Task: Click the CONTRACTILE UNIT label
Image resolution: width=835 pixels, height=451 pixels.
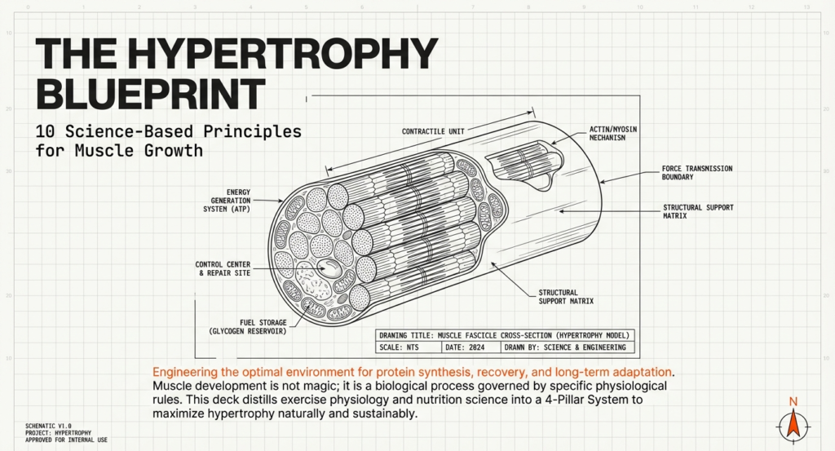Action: click(433, 131)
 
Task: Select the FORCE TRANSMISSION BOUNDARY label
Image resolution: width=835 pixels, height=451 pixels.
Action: click(697, 173)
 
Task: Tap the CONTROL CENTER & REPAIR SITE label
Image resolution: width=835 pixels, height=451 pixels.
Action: click(223, 268)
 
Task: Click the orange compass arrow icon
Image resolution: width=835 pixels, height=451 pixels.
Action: click(790, 424)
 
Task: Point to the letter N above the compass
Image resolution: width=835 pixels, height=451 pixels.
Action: click(790, 401)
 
